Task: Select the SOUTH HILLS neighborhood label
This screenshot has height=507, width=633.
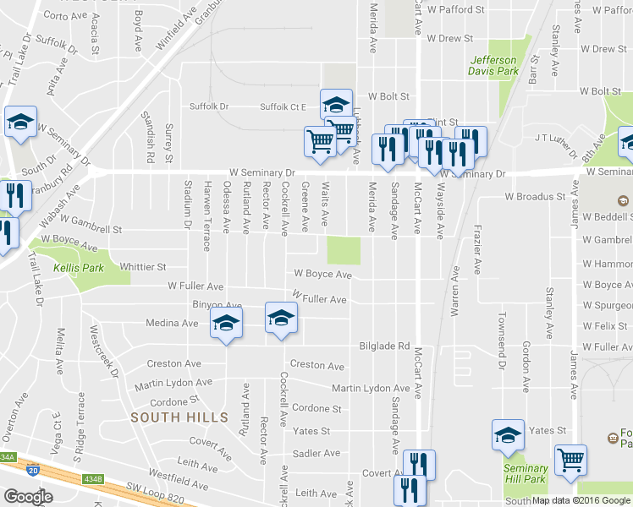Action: [179, 417]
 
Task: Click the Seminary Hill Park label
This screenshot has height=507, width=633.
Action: [525, 474]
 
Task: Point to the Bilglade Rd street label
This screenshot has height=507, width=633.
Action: [384, 346]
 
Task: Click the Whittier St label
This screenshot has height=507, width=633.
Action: [143, 266]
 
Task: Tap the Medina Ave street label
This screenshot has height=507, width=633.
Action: [172, 323]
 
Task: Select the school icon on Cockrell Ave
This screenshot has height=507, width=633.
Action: [282, 318]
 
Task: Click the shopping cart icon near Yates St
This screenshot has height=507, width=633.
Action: [571, 461]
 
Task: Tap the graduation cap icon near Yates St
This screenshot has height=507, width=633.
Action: [508, 435]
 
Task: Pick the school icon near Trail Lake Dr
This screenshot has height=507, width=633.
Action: [19, 122]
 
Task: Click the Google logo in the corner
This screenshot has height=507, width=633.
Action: [28, 497]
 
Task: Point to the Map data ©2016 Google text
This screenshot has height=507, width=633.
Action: [581, 500]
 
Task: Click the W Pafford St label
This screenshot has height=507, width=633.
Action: [456, 10]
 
